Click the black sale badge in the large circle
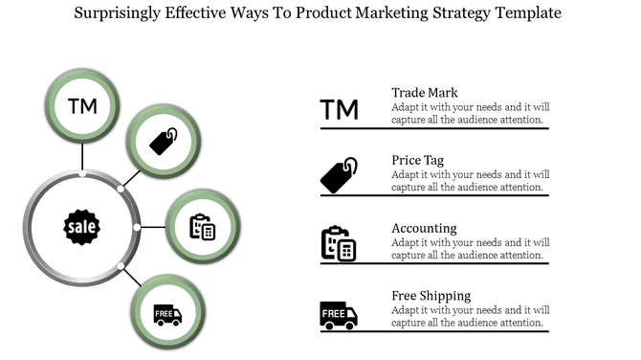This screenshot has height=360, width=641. pyautogui.click(x=81, y=226)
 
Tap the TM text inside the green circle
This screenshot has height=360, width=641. pyautogui.click(x=82, y=104)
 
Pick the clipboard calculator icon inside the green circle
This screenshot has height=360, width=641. pyautogui.click(x=202, y=227)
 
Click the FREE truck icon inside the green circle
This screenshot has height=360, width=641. pyautogui.click(x=167, y=314)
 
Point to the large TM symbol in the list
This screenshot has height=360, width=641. pyautogui.click(x=340, y=110)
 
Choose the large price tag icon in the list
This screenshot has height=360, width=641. pyautogui.click(x=339, y=175)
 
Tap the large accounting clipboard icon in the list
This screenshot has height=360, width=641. pyautogui.click(x=339, y=243)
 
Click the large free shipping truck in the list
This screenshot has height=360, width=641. pyautogui.click(x=339, y=314)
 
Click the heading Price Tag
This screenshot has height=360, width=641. pyautogui.click(x=417, y=160)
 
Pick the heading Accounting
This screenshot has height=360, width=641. pyautogui.click(x=424, y=229)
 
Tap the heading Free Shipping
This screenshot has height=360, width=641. pyautogui.click(x=431, y=296)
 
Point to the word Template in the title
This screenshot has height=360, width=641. pyautogui.click(x=523, y=14)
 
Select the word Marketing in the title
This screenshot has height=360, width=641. pyautogui.click(x=382, y=14)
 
